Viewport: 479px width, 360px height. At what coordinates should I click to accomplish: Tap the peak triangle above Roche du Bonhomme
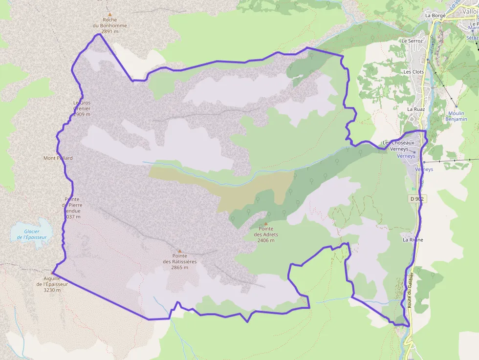coord(110,15)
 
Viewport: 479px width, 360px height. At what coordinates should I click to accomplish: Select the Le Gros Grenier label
coord(82,108)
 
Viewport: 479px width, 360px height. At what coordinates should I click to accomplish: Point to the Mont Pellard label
coord(58,158)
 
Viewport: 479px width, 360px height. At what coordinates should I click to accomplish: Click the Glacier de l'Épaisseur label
coord(31,234)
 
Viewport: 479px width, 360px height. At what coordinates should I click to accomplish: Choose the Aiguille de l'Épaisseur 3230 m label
coord(51,284)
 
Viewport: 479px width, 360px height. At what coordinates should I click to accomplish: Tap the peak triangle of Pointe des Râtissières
coord(179,251)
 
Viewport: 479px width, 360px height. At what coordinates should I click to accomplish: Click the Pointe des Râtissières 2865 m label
coord(179,261)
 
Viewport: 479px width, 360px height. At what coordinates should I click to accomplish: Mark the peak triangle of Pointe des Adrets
coord(266,224)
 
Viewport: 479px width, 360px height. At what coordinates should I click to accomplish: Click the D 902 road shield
coord(416,199)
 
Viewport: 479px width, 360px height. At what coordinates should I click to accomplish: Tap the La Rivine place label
coord(413,240)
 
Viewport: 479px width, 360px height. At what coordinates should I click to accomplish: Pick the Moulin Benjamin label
coord(457,116)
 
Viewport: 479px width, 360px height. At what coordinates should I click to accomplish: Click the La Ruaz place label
coord(416,109)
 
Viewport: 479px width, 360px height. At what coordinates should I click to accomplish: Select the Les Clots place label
coord(414,71)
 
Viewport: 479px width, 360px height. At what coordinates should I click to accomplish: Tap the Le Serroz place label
coord(412,41)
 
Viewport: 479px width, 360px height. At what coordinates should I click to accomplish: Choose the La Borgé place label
coord(435,15)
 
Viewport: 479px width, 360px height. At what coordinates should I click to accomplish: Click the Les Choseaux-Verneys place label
coord(399,145)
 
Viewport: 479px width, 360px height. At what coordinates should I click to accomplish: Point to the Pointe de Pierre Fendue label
coord(72,208)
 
